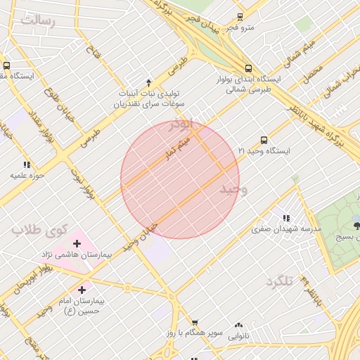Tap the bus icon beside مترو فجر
[x=240, y=16]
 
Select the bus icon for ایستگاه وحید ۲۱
[x=264, y=140]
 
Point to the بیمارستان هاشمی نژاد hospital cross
[x=77, y=243]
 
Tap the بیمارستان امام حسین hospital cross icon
[x=82, y=289]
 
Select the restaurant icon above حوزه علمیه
[x=27, y=164]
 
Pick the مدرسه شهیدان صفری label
[x=287, y=229]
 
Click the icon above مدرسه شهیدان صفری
[x=286, y=218]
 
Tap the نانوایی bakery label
[x=239, y=336]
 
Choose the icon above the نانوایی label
[x=239, y=325]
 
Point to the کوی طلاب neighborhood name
[x=41, y=229]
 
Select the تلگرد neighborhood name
[x=278, y=281]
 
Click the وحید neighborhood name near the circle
[x=234, y=190]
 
